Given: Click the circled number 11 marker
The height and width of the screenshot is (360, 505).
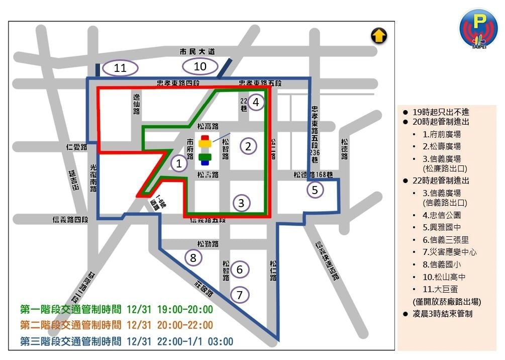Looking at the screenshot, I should pyautogui.click(x=120, y=68).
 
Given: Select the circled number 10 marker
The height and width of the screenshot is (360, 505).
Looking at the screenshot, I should pyautogui.click(x=200, y=66).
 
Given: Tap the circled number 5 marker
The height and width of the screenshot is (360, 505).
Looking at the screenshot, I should pyautogui.click(x=315, y=190).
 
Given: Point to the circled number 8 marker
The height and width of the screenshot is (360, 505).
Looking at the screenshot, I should pyautogui.click(x=193, y=258).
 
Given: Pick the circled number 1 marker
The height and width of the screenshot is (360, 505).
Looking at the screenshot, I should pyautogui.click(x=178, y=163).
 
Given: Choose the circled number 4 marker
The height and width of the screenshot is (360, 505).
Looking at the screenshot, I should pyautogui.click(x=256, y=102).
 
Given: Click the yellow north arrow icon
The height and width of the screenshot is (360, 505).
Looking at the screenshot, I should pyautogui.click(x=378, y=36).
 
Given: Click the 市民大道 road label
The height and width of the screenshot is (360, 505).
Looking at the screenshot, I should pyautogui.click(x=197, y=51).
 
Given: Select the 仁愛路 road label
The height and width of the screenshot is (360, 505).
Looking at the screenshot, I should pyautogui.click(x=76, y=147).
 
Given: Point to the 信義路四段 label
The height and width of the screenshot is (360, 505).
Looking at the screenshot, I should pyautogui.click(x=70, y=220).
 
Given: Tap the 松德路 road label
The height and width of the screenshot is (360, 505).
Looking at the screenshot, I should pyautogui.click(x=344, y=149).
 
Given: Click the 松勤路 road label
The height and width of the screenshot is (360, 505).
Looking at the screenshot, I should pyautogui.click(x=208, y=244).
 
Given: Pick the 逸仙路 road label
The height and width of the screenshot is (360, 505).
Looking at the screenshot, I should pyautogui.click(x=137, y=103).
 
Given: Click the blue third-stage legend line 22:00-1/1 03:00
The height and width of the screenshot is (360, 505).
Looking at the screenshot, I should pyautogui.click(x=127, y=341).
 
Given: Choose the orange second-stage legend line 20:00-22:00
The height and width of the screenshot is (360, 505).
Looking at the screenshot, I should pyautogui.click(x=117, y=325).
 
